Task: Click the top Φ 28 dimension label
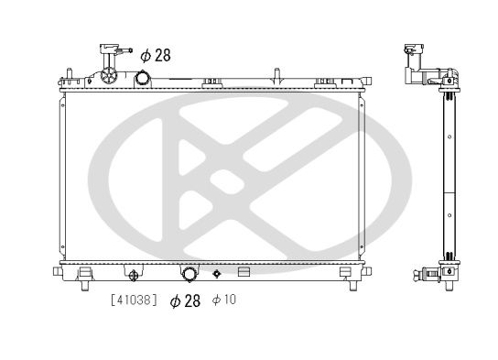click(157, 56)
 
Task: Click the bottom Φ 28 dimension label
click(185, 300)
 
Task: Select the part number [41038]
click(134, 300)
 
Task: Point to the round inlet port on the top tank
click(143, 78)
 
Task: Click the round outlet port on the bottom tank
click(189, 274)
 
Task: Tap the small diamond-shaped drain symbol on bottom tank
click(217, 273)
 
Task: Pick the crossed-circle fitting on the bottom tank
click(134, 274)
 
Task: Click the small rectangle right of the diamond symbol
click(244, 272)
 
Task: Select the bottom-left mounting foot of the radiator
click(83, 272)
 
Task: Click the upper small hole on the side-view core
click(449, 137)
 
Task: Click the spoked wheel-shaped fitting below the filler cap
click(110, 75)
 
